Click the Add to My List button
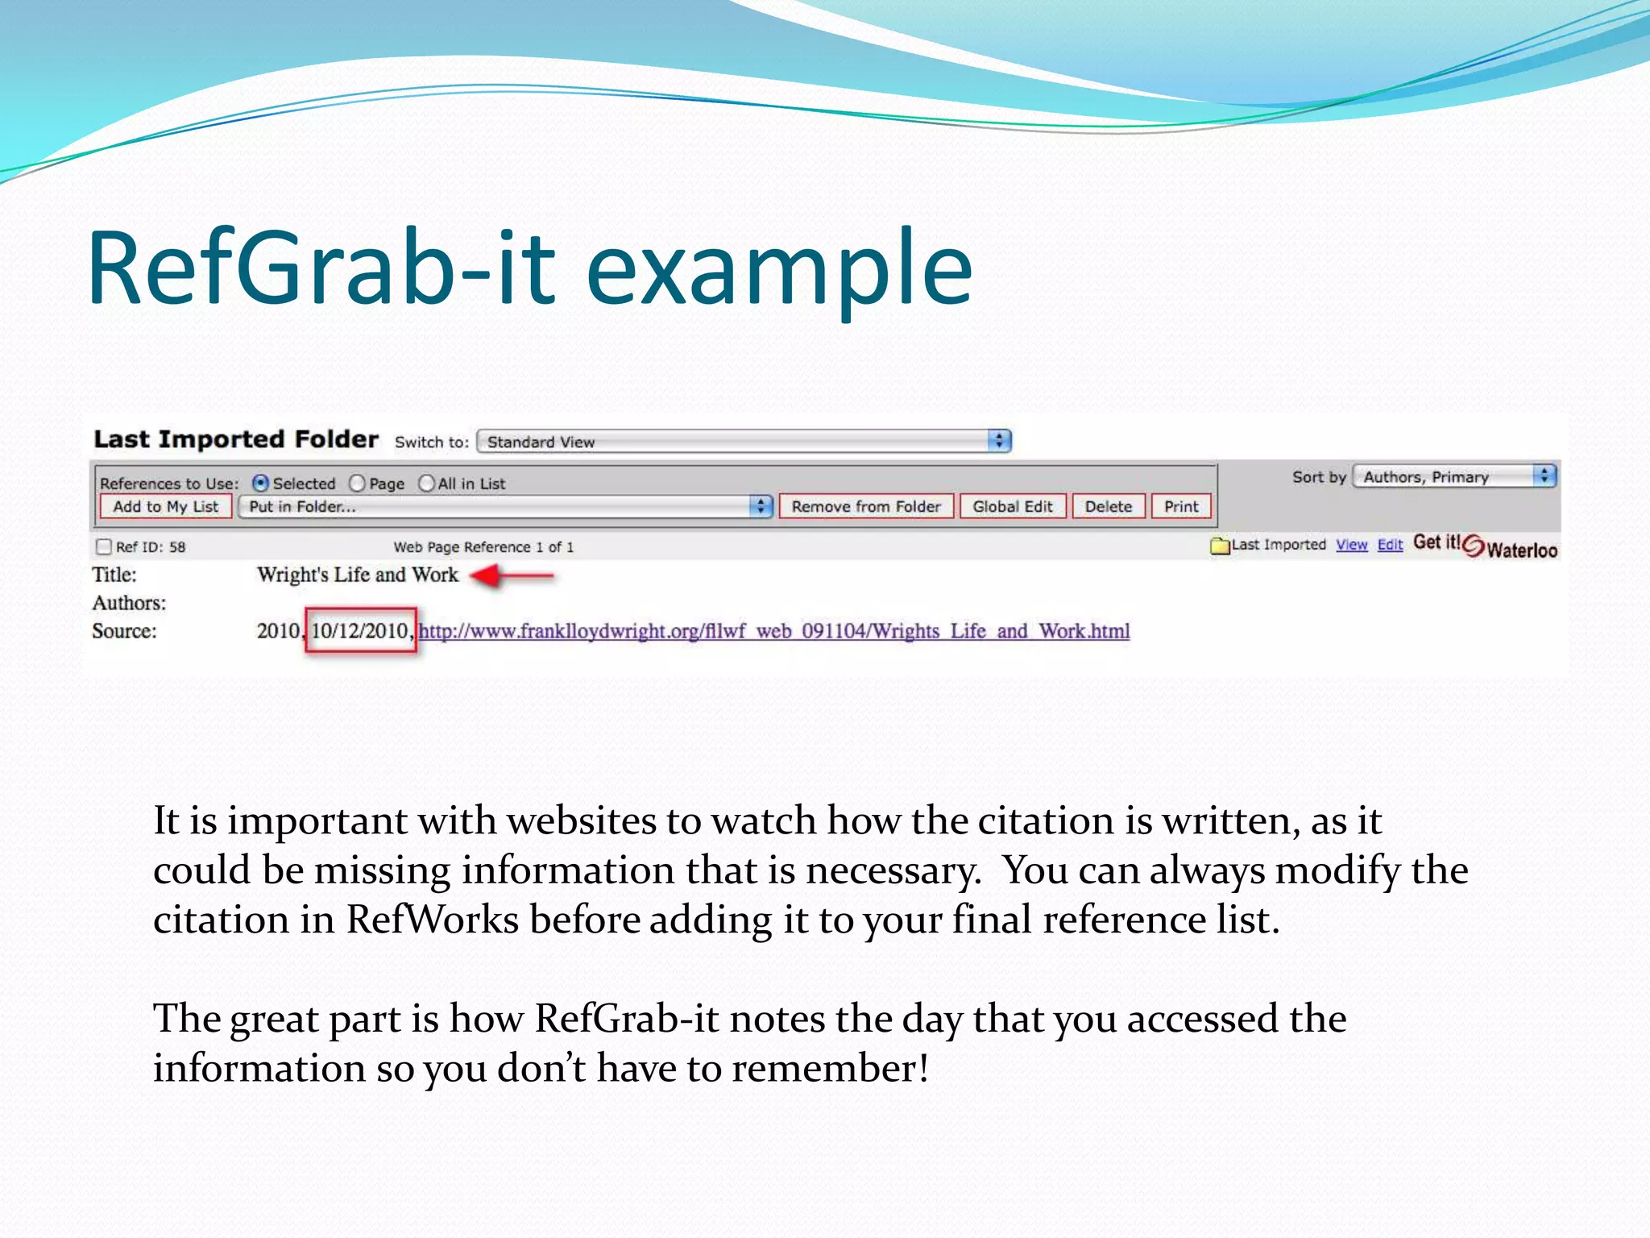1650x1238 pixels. (165, 506)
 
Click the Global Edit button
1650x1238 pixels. (1012, 506)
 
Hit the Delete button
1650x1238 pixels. (1108, 506)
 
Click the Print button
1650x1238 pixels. (1180, 506)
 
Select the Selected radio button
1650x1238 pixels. (260, 483)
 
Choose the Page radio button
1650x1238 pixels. (357, 483)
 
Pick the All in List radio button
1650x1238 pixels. (426, 483)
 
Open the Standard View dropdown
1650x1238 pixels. (744, 442)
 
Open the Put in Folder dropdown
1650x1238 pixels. (506, 506)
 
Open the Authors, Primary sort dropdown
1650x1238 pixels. (1454, 476)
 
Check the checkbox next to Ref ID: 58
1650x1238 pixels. (103, 546)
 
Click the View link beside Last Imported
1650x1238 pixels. (1351, 545)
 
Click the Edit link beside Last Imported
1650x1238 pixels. (1390, 545)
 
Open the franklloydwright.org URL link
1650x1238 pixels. (773, 630)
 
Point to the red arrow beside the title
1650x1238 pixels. (512, 575)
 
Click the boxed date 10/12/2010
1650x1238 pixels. (360, 630)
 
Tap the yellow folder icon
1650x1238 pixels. (1220, 546)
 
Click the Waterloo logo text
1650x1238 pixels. (1521, 550)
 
